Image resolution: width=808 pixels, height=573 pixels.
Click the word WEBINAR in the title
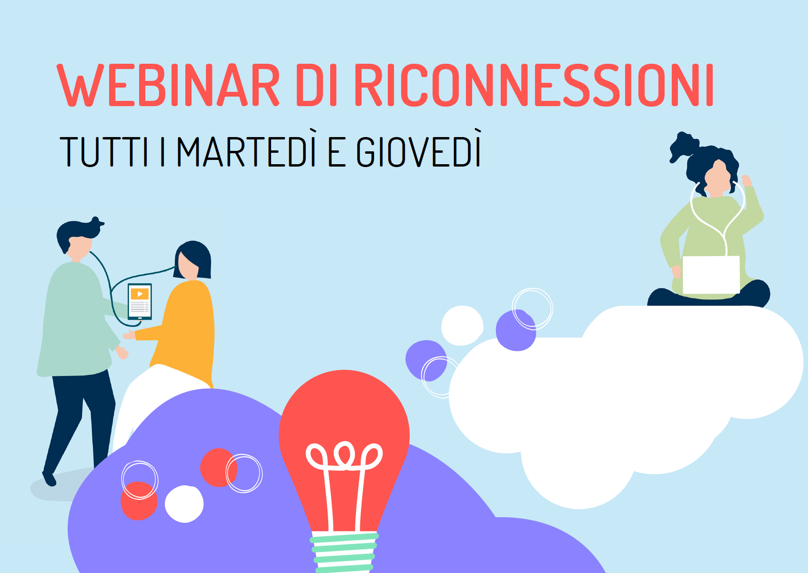168,85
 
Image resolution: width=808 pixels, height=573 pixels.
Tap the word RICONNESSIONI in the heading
534,85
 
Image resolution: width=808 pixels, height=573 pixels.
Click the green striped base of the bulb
344,552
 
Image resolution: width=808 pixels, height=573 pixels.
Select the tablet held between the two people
140,302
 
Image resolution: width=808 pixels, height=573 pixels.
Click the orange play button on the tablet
140,294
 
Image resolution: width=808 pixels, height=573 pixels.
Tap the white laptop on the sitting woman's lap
711,275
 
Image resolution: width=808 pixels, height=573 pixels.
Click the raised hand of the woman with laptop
747,180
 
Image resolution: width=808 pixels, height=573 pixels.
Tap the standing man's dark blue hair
78,232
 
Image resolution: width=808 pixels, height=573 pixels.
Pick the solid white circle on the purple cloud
184,504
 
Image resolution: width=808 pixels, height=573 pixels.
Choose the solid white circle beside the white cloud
462,326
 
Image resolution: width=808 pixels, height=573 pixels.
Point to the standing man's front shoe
49,479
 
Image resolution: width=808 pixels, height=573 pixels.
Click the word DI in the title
316,85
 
